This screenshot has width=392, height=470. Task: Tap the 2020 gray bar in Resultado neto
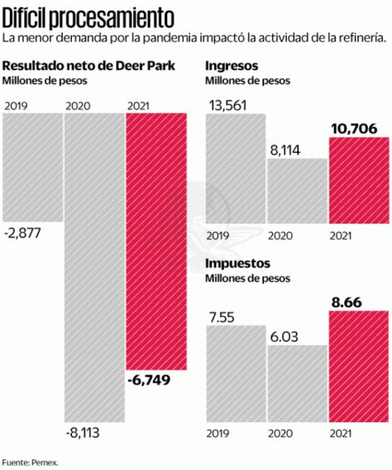pyautogui.click(x=93, y=265)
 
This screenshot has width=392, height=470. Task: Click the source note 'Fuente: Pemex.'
pyautogui.click(x=30, y=461)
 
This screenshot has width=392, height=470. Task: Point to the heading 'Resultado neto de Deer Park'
pyautogui.click(x=89, y=65)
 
